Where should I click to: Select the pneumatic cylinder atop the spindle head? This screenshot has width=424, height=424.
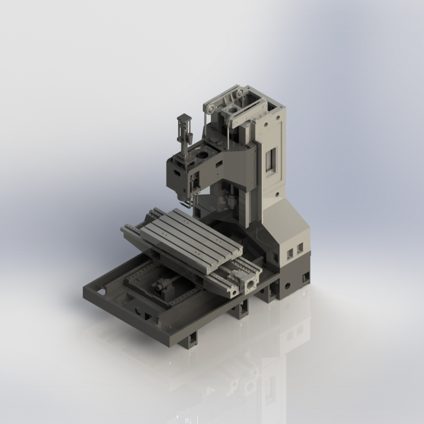point(183,130)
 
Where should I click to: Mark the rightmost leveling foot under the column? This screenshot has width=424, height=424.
point(306,278)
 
